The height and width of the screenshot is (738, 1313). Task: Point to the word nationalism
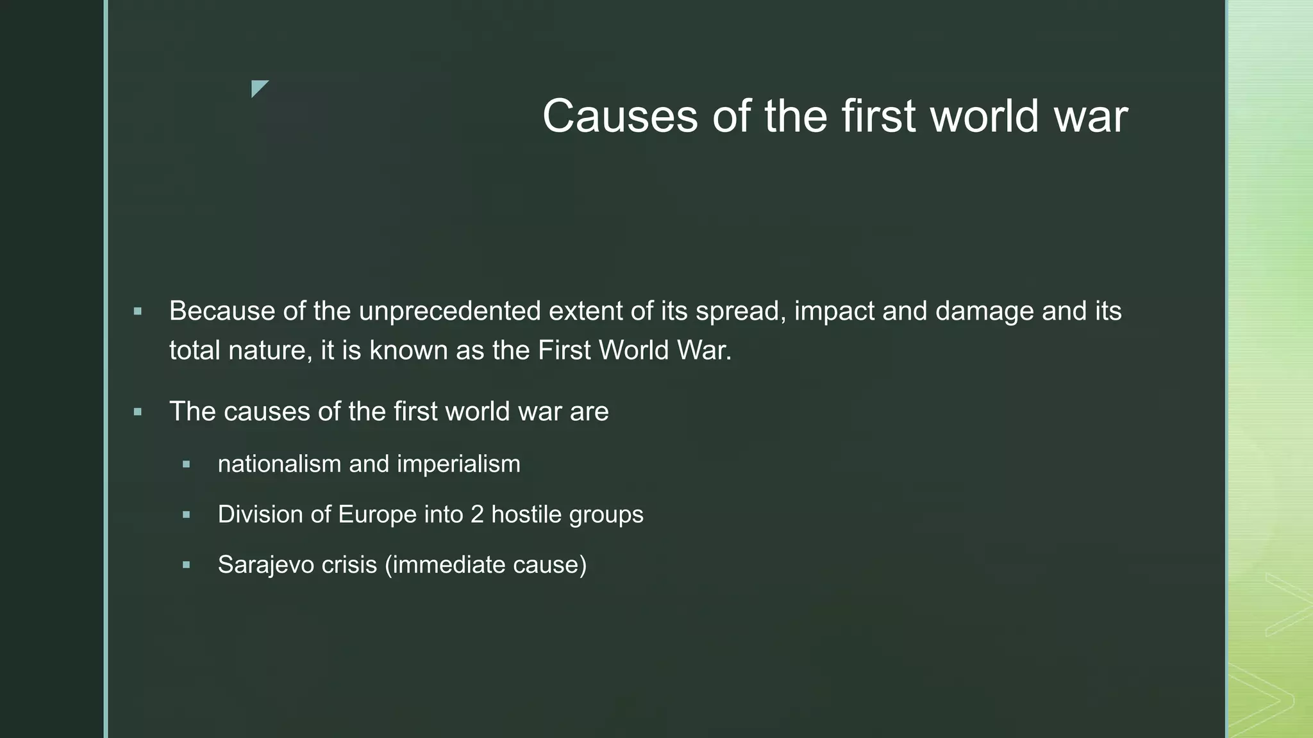[280, 464]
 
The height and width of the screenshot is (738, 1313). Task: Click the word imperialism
[458, 464]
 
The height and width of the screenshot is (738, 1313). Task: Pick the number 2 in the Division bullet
[477, 514]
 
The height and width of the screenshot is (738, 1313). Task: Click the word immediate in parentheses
[448, 565]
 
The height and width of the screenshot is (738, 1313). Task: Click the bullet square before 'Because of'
[137, 312]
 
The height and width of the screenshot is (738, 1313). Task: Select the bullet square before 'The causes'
[137, 412]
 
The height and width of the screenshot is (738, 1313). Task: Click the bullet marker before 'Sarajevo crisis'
[186, 565]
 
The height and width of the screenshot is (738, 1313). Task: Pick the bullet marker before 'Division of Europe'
[186, 514]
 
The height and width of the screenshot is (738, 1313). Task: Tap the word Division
[260, 514]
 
